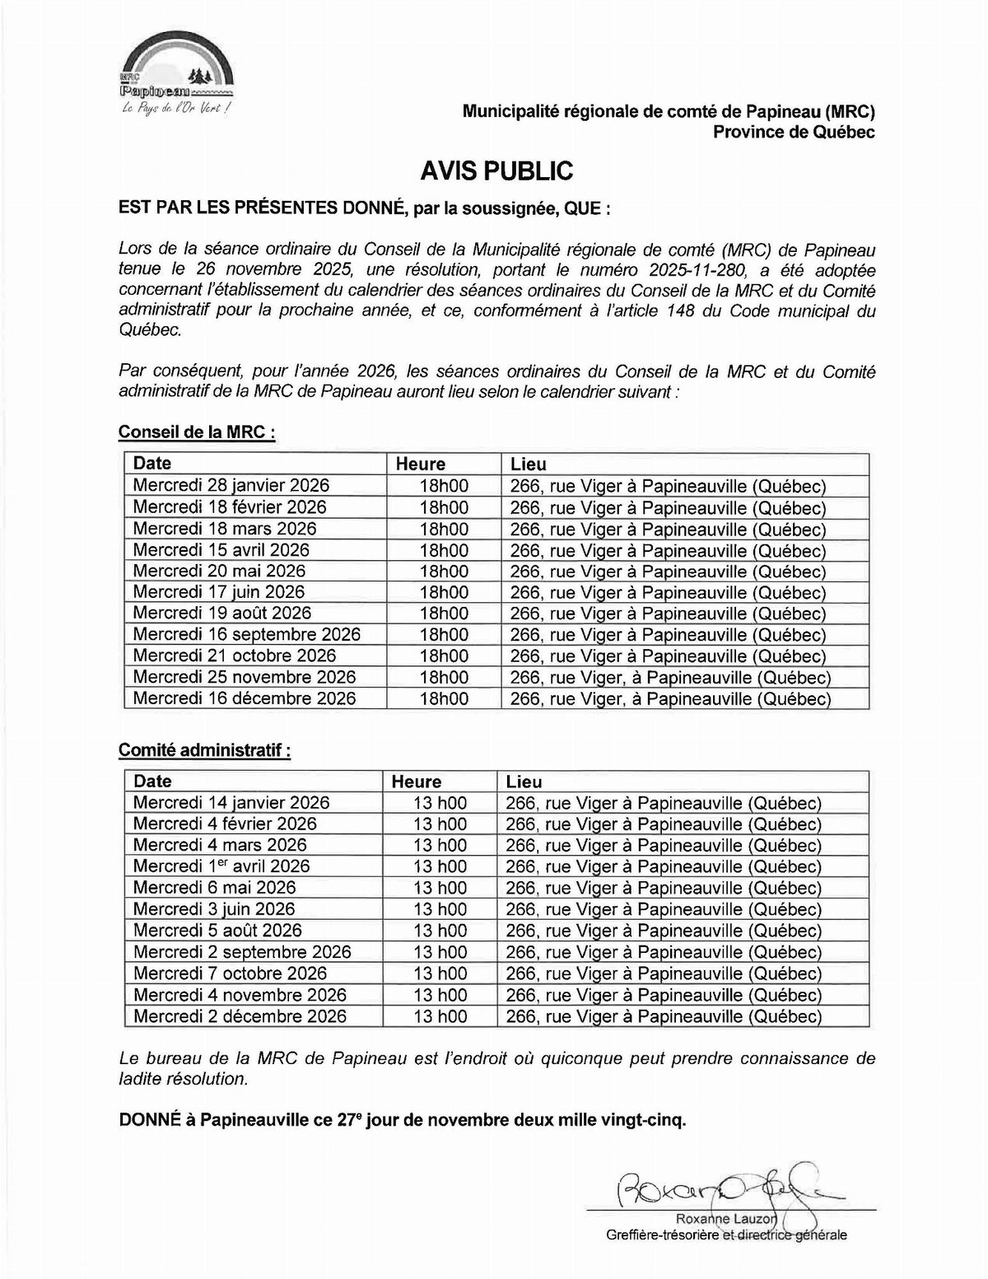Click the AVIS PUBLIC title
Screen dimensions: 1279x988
[x=496, y=170]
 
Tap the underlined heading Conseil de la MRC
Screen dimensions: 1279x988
[x=197, y=432]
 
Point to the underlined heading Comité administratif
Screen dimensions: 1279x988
[x=204, y=750]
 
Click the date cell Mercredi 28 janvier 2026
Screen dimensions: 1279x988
[x=231, y=486]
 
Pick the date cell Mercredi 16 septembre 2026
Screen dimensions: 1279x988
[x=247, y=634]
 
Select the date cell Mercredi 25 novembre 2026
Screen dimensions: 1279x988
[x=245, y=677]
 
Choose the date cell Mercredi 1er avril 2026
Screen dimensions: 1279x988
[x=221, y=866]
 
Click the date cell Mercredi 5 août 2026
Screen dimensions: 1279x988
[x=217, y=931]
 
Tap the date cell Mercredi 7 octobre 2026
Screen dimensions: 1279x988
[x=231, y=973]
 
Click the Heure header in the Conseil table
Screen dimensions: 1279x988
[x=420, y=464]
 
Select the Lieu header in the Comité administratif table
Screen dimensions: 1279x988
[x=524, y=782]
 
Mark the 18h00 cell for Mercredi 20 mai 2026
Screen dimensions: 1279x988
[x=444, y=572]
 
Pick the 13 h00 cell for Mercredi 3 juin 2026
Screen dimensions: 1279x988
[x=440, y=909]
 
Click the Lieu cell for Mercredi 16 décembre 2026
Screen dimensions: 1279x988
[x=670, y=698]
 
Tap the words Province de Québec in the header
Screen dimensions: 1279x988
[x=794, y=132]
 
